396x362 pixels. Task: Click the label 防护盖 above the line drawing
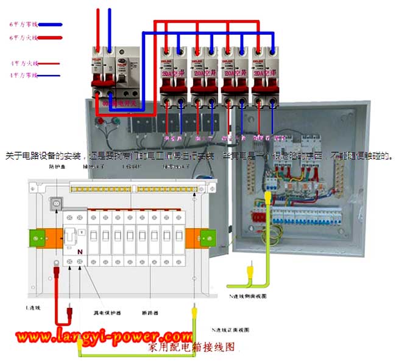point(56,165)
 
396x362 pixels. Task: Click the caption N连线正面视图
point(230,329)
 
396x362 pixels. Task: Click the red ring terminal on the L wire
point(55,263)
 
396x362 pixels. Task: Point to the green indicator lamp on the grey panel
point(116,120)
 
